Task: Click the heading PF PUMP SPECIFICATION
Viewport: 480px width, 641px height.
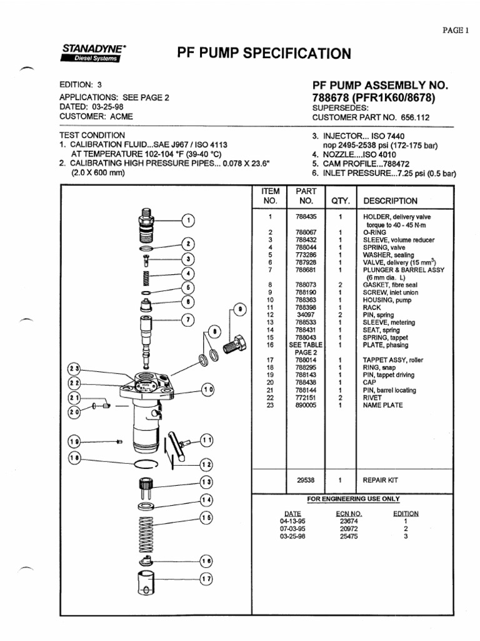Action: (264, 53)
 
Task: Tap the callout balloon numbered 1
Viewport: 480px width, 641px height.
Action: (188, 220)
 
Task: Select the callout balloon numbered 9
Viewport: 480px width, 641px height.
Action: (238, 310)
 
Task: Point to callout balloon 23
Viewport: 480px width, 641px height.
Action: (75, 369)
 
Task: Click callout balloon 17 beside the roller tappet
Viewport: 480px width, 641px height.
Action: (206, 579)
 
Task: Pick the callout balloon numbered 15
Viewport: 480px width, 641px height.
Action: (206, 518)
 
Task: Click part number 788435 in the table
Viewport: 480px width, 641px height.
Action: (306, 217)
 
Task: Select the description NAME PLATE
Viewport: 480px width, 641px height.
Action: (383, 405)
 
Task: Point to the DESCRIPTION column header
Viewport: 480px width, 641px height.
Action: (390, 201)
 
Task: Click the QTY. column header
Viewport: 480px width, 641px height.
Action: (341, 201)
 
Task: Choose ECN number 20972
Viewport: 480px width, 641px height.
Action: (349, 528)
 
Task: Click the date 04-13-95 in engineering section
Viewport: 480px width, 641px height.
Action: (292, 520)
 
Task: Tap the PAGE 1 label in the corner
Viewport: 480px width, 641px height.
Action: (456, 30)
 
